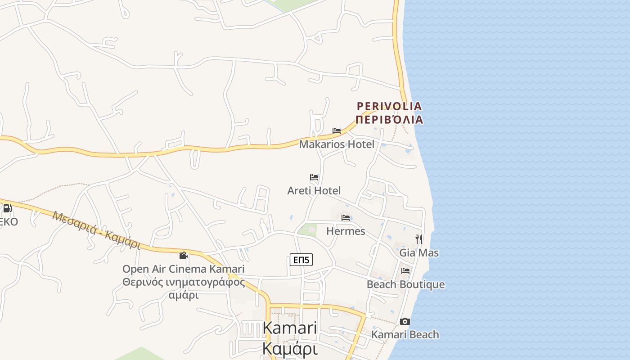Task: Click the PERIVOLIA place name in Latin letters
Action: click(x=389, y=106)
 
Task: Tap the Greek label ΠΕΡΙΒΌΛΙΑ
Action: click(x=389, y=120)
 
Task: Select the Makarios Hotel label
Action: click(x=337, y=144)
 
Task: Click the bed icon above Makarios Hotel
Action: click(x=337, y=131)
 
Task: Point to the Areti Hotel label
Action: click(x=314, y=191)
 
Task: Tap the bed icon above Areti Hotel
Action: click(x=314, y=177)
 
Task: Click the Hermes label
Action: click(x=346, y=231)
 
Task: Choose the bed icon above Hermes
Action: click(x=346, y=218)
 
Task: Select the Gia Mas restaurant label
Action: click(x=419, y=253)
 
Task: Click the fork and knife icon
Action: click(x=419, y=239)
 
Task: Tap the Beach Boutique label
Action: click(x=405, y=284)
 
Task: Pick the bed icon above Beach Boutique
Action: click(x=405, y=271)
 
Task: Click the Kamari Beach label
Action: click(x=405, y=334)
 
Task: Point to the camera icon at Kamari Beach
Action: click(x=405, y=321)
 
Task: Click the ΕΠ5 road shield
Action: click(x=301, y=260)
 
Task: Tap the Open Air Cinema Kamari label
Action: click(x=184, y=269)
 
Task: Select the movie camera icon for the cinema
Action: click(x=183, y=256)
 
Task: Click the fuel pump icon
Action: click(x=7, y=208)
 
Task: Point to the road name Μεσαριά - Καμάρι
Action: click(x=96, y=230)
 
